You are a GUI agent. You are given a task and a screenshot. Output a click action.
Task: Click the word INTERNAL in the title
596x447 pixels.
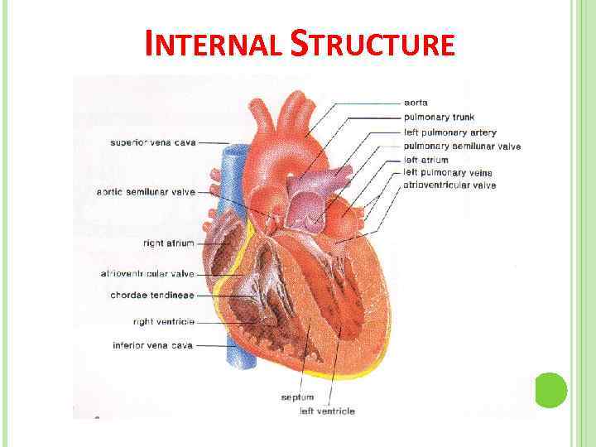[x=214, y=44]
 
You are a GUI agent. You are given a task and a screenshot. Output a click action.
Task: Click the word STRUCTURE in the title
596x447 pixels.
[x=373, y=44]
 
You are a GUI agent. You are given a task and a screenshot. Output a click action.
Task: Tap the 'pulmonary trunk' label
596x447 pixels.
[x=439, y=118]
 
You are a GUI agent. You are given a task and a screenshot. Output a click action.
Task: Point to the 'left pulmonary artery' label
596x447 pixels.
[x=449, y=132]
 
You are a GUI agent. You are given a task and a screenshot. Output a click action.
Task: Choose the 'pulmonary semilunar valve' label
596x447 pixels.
[x=462, y=147]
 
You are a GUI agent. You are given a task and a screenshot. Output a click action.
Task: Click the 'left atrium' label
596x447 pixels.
[x=425, y=160]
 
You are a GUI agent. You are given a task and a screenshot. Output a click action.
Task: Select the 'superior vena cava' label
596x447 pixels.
[x=153, y=142]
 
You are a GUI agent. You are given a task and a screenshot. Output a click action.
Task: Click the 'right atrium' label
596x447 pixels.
[x=168, y=243]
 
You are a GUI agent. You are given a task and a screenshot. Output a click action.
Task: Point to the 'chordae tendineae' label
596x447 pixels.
[x=152, y=296]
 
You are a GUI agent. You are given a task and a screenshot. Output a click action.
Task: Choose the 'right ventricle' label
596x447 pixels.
[x=164, y=321]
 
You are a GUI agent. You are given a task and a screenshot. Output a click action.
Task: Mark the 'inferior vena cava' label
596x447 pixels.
[x=153, y=345]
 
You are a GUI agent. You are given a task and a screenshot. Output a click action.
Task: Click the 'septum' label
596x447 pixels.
[x=297, y=398]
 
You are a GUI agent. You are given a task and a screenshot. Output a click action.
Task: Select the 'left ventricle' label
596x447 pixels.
[x=327, y=411]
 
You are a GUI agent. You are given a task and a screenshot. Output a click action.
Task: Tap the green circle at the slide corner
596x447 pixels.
[x=550, y=390]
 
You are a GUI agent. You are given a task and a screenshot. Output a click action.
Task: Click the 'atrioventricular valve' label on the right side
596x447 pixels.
[x=449, y=185]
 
